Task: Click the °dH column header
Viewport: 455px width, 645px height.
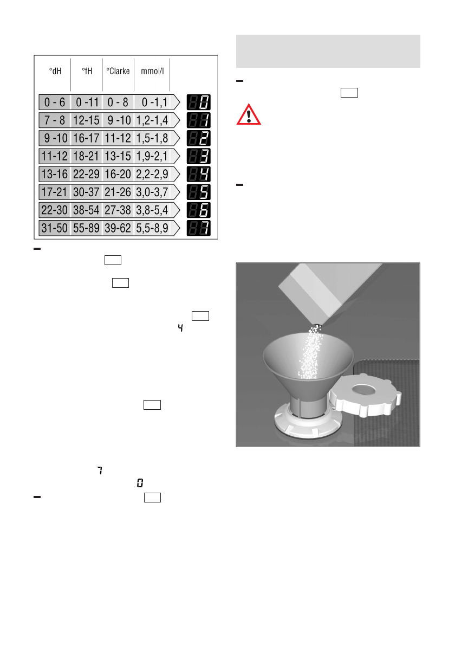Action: [54, 70]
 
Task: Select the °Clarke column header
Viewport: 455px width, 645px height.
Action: [118, 70]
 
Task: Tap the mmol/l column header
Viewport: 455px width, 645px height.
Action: [152, 70]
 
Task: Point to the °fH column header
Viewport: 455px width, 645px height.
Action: [87, 70]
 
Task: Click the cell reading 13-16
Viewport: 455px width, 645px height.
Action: [55, 174]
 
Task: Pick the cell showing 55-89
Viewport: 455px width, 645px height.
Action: [87, 228]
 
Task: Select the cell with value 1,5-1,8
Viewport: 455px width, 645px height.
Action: [153, 138]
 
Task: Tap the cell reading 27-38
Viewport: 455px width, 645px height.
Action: [118, 210]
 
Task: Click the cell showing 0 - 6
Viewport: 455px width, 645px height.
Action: [55, 102]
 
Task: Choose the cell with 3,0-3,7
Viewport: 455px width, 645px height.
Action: [153, 192]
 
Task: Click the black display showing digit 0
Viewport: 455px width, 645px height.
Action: [199, 102]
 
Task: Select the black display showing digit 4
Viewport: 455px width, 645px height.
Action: [199, 174]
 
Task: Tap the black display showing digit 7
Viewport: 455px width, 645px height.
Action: [199, 228]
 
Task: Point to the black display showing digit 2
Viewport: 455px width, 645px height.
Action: [199, 138]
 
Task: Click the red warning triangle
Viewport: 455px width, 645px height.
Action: [248, 115]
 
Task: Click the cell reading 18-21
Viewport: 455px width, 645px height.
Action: [87, 156]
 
